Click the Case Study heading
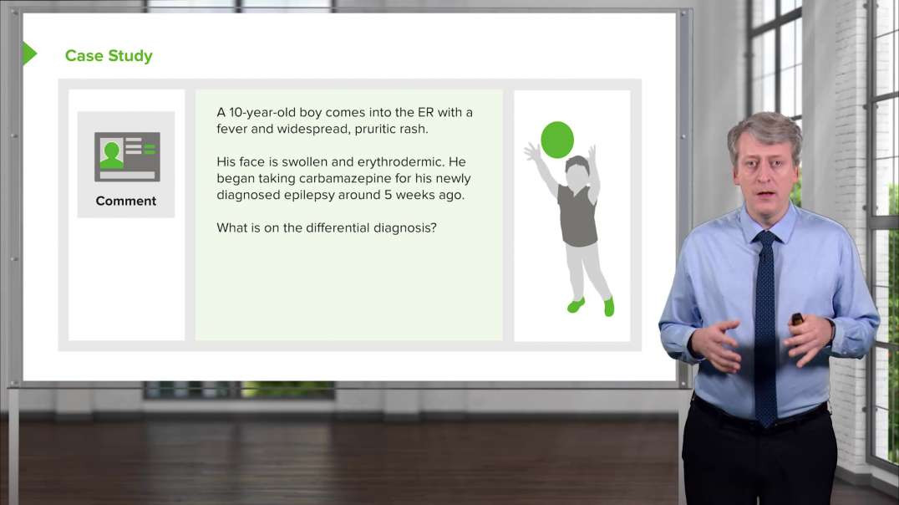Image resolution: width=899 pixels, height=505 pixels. tap(109, 56)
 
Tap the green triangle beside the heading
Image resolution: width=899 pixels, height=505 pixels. tap(28, 54)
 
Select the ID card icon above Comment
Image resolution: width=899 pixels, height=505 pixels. tap(127, 156)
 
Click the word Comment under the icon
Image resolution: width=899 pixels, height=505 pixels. tap(125, 201)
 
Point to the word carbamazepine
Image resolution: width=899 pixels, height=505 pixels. tap(345, 178)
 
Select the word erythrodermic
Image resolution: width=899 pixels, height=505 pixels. tap(401, 162)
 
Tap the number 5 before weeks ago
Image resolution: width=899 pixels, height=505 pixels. tap(389, 195)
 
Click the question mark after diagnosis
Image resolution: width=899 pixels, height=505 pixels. tap(434, 227)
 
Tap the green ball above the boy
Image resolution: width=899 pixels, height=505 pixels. tap(557, 140)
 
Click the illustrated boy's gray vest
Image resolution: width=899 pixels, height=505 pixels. tap(577, 217)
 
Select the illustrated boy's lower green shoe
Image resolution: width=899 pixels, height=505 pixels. tap(609, 307)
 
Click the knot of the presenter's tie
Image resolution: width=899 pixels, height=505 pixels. tap(764, 237)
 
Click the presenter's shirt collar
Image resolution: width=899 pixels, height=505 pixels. tap(764, 221)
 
